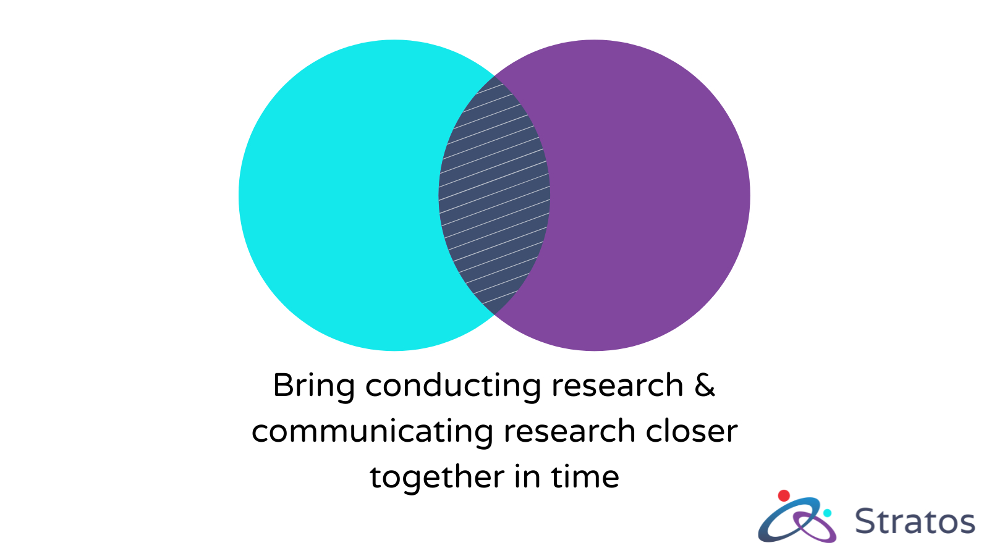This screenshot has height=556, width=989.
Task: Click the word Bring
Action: (x=314, y=387)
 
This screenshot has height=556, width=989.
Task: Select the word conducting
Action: (x=453, y=387)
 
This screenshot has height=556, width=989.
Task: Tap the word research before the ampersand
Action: (x=618, y=385)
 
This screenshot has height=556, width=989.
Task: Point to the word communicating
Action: (x=372, y=432)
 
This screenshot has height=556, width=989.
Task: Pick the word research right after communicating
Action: (x=569, y=432)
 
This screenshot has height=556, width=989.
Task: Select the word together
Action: (x=437, y=478)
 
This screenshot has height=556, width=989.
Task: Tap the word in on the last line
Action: (x=528, y=476)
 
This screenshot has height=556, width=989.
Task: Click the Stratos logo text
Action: (x=915, y=521)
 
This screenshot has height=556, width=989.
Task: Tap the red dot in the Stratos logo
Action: (x=784, y=495)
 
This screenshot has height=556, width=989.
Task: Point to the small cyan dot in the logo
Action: (x=827, y=513)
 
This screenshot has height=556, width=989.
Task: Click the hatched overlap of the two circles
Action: (x=494, y=195)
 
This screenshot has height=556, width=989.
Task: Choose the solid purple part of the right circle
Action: (x=650, y=195)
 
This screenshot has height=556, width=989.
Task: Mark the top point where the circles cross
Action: (x=494, y=76)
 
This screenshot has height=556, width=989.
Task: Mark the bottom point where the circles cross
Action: (x=494, y=314)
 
